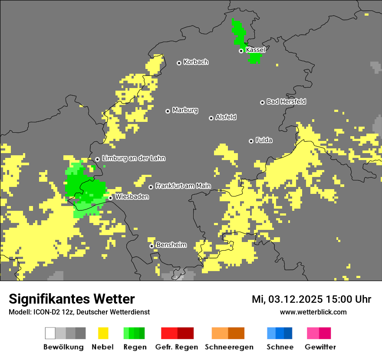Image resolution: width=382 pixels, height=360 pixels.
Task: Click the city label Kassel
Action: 255,50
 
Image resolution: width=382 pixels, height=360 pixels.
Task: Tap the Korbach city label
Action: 196,62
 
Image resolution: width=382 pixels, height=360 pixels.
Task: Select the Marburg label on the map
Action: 185,110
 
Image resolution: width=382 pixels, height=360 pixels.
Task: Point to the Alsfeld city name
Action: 226,117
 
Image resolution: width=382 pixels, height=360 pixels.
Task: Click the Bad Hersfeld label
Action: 286,101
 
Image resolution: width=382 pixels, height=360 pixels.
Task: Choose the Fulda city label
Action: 264,140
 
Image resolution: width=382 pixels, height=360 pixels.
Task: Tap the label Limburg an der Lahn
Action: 133,158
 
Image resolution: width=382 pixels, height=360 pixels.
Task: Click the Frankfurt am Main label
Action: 183,186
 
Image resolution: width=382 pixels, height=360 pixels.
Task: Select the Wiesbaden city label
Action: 132,197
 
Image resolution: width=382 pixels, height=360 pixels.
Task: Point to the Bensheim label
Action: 171,245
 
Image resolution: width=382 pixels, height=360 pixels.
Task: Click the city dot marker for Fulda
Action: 251,141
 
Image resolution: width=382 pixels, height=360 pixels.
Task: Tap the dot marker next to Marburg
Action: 168,111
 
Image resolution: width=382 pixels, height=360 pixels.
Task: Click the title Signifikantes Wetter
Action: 72,299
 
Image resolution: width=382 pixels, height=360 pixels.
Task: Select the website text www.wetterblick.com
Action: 313,312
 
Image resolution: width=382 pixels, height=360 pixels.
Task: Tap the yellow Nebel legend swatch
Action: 103,333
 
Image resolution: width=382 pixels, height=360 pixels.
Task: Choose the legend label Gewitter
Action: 320,347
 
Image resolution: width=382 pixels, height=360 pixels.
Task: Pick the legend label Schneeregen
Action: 229,347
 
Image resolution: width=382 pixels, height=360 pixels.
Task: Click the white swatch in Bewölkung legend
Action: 50,333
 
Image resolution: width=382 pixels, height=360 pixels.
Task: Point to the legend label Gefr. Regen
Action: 176,347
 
